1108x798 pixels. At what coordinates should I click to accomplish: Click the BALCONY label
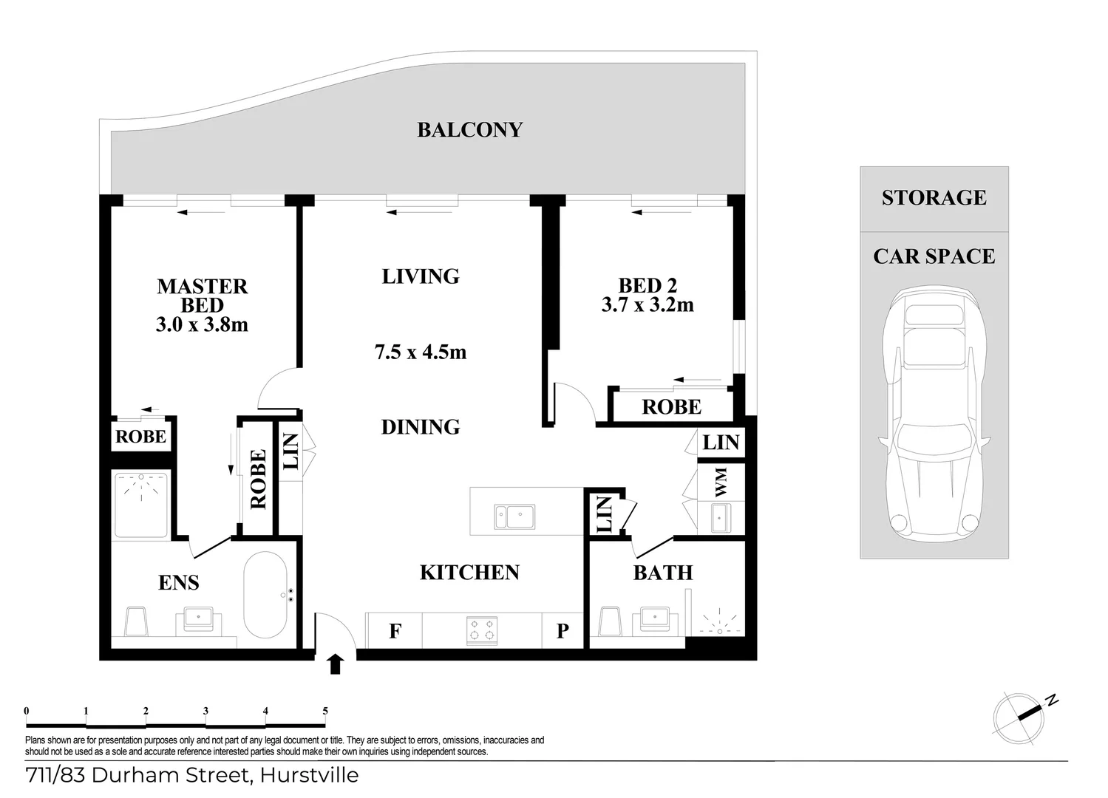click(x=469, y=130)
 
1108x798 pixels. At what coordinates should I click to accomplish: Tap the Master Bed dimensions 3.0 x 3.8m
click(x=202, y=324)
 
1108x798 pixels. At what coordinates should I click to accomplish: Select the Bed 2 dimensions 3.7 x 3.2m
click(x=648, y=304)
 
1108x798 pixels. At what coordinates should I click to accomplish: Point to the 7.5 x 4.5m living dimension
click(x=421, y=352)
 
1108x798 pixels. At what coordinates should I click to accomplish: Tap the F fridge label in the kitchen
click(x=395, y=632)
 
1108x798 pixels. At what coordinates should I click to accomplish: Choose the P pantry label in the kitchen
click(x=563, y=632)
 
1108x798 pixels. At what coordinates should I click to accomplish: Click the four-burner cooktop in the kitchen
click(x=482, y=630)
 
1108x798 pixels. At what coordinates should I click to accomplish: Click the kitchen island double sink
click(x=515, y=516)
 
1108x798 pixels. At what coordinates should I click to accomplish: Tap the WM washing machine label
click(x=721, y=481)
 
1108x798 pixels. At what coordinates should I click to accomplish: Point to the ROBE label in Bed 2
click(x=671, y=407)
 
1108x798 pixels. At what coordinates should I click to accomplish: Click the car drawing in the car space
click(x=935, y=414)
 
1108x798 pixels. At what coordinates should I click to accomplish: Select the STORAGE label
click(x=934, y=198)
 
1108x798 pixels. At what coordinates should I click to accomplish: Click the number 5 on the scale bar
click(x=325, y=712)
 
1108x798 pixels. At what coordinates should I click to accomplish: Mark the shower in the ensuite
click(x=140, y=505)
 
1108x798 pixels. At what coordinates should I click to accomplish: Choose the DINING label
click(x=421, y=427)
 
